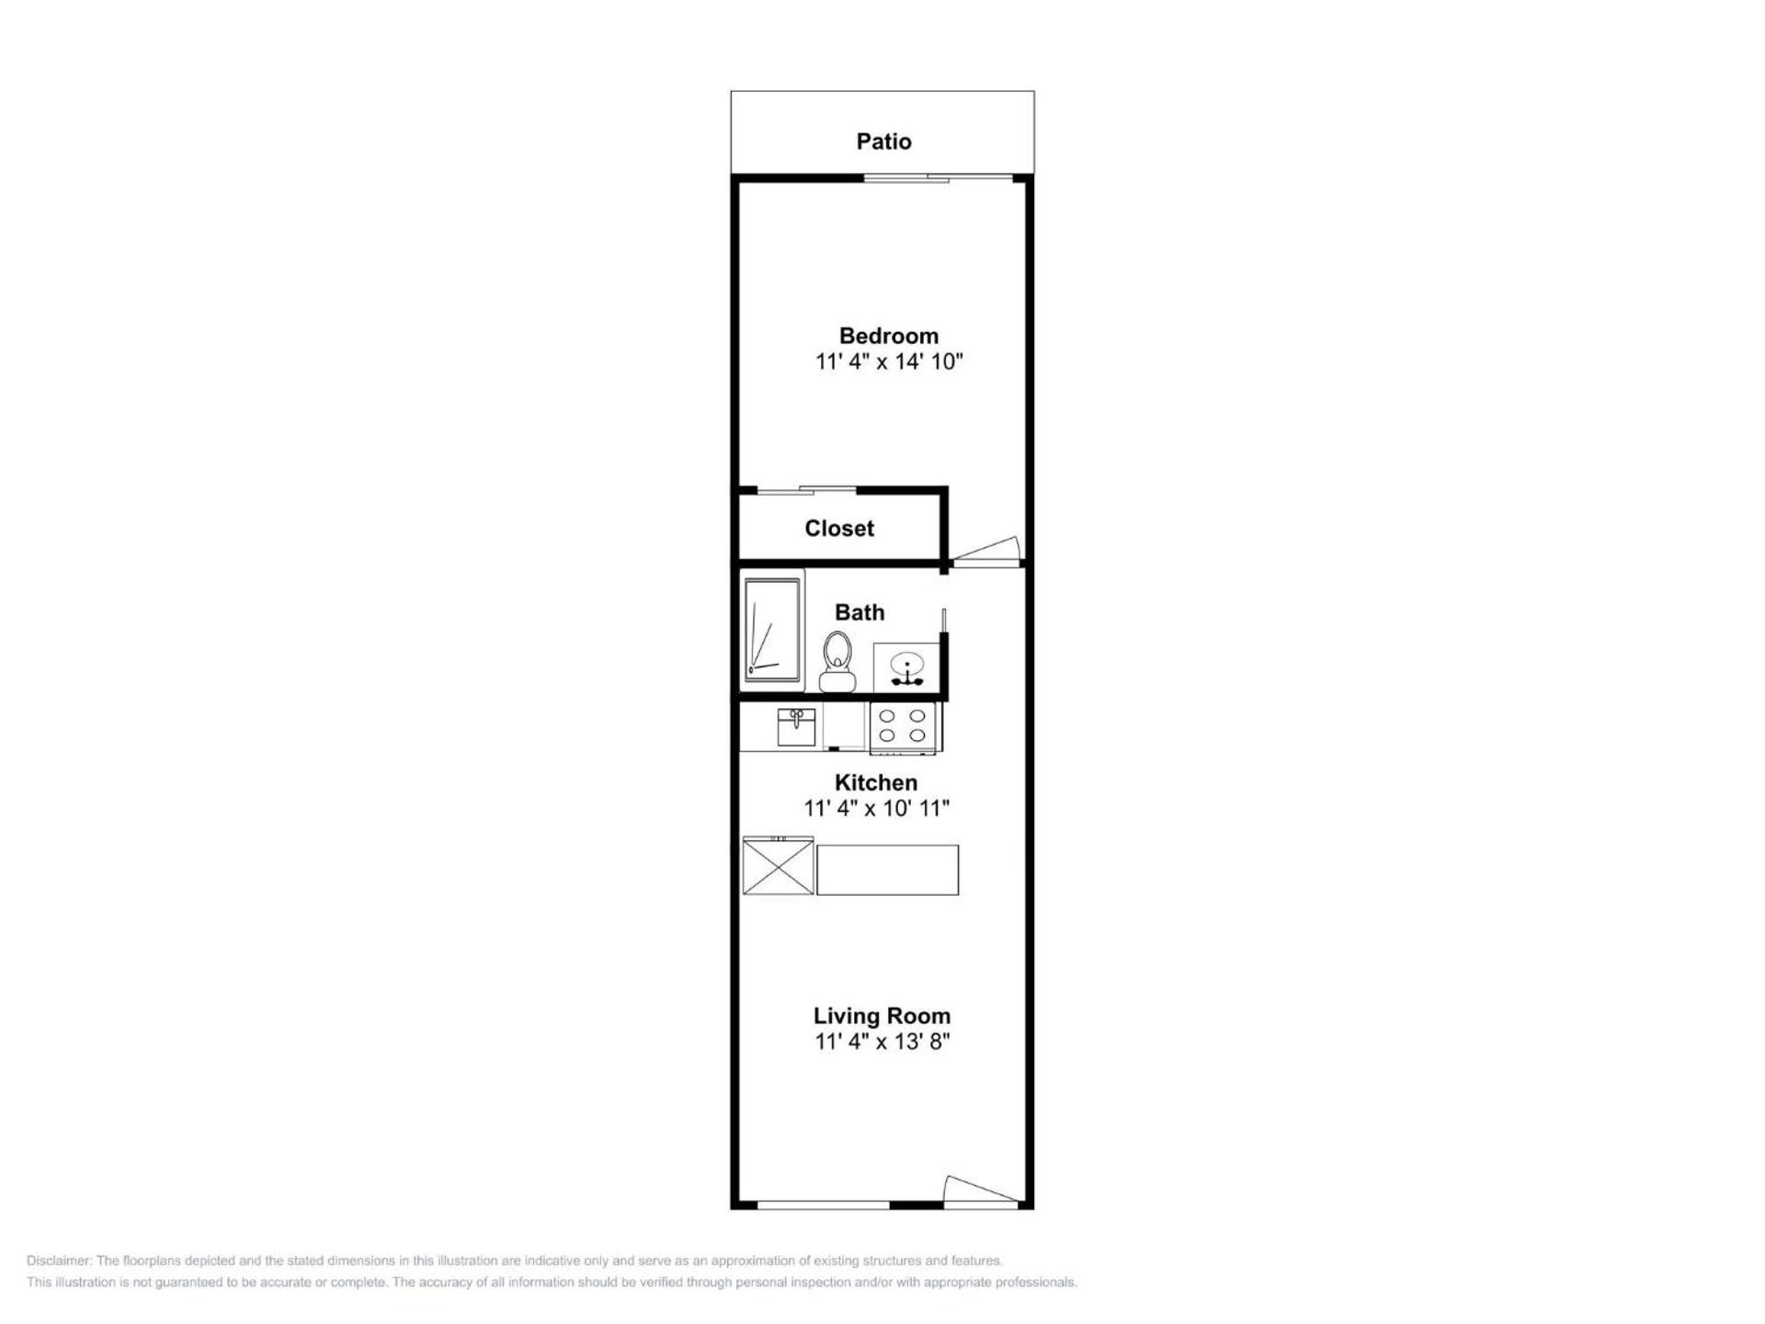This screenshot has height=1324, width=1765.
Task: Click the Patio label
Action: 883,142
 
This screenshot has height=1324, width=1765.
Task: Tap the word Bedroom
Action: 888,336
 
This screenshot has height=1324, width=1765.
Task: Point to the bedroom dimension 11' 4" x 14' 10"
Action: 888,361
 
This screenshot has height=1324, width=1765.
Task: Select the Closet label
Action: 838,529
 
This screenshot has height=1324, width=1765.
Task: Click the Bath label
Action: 859,612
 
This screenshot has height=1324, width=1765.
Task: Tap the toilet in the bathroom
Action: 837,660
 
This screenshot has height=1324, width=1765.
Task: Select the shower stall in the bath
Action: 772,630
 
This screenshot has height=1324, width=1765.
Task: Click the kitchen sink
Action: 796,726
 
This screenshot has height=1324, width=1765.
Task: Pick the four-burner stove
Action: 903,725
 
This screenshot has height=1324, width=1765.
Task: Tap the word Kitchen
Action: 875,782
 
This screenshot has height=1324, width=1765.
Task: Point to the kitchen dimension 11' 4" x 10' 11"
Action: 875,808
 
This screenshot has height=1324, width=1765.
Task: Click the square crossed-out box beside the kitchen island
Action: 778,865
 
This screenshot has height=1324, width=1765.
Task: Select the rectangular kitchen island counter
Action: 887,870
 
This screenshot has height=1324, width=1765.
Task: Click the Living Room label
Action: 881,1016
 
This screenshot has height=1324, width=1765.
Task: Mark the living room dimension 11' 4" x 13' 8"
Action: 881,1042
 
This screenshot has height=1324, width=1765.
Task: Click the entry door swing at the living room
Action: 980,1190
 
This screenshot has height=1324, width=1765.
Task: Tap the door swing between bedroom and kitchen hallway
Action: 988,550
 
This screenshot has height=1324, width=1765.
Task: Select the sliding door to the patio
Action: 938,177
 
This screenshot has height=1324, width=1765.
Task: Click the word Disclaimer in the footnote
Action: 59,1261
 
